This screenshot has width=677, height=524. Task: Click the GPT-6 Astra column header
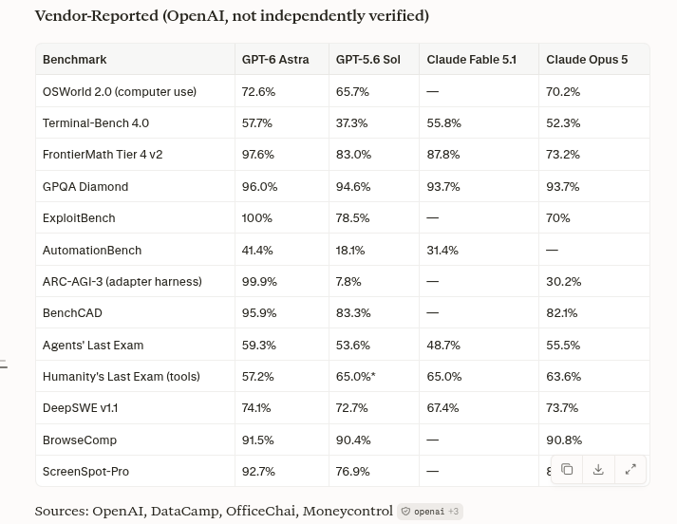[x=275, y=60]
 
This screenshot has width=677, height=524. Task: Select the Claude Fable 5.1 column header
[x=472, y=60]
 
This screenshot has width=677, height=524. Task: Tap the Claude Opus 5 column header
[x=587, y=60]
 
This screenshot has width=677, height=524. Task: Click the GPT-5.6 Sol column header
[x=367, y=60]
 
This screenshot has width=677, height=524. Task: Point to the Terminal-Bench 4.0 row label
[x=96, y=123]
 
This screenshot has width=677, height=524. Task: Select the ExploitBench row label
[x=79, y=218]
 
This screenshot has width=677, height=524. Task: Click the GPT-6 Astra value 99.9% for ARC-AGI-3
[x=259, y=281]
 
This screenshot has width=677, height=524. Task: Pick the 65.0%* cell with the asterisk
[x=356, y=376]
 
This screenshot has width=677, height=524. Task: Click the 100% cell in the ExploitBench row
[x=257, y=218]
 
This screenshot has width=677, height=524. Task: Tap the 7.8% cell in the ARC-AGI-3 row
[x=348, y=281]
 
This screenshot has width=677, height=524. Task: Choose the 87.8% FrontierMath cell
[x=443, y=155]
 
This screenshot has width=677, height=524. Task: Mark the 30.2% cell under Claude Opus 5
[x=563, y=281]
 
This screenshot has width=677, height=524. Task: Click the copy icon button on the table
[x=567, y=469]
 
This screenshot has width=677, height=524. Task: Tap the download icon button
[x=598, y=469]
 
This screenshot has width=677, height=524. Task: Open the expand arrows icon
[x=630, y=469]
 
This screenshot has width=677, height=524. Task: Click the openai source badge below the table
[x=430, y=512]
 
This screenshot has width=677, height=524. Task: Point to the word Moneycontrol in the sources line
[x=348, y=511]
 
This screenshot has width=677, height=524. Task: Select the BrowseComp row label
[x=80, y=440]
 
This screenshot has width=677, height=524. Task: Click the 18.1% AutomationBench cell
[x=350, y=251]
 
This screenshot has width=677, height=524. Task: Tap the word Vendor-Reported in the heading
[x=97, y=16]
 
